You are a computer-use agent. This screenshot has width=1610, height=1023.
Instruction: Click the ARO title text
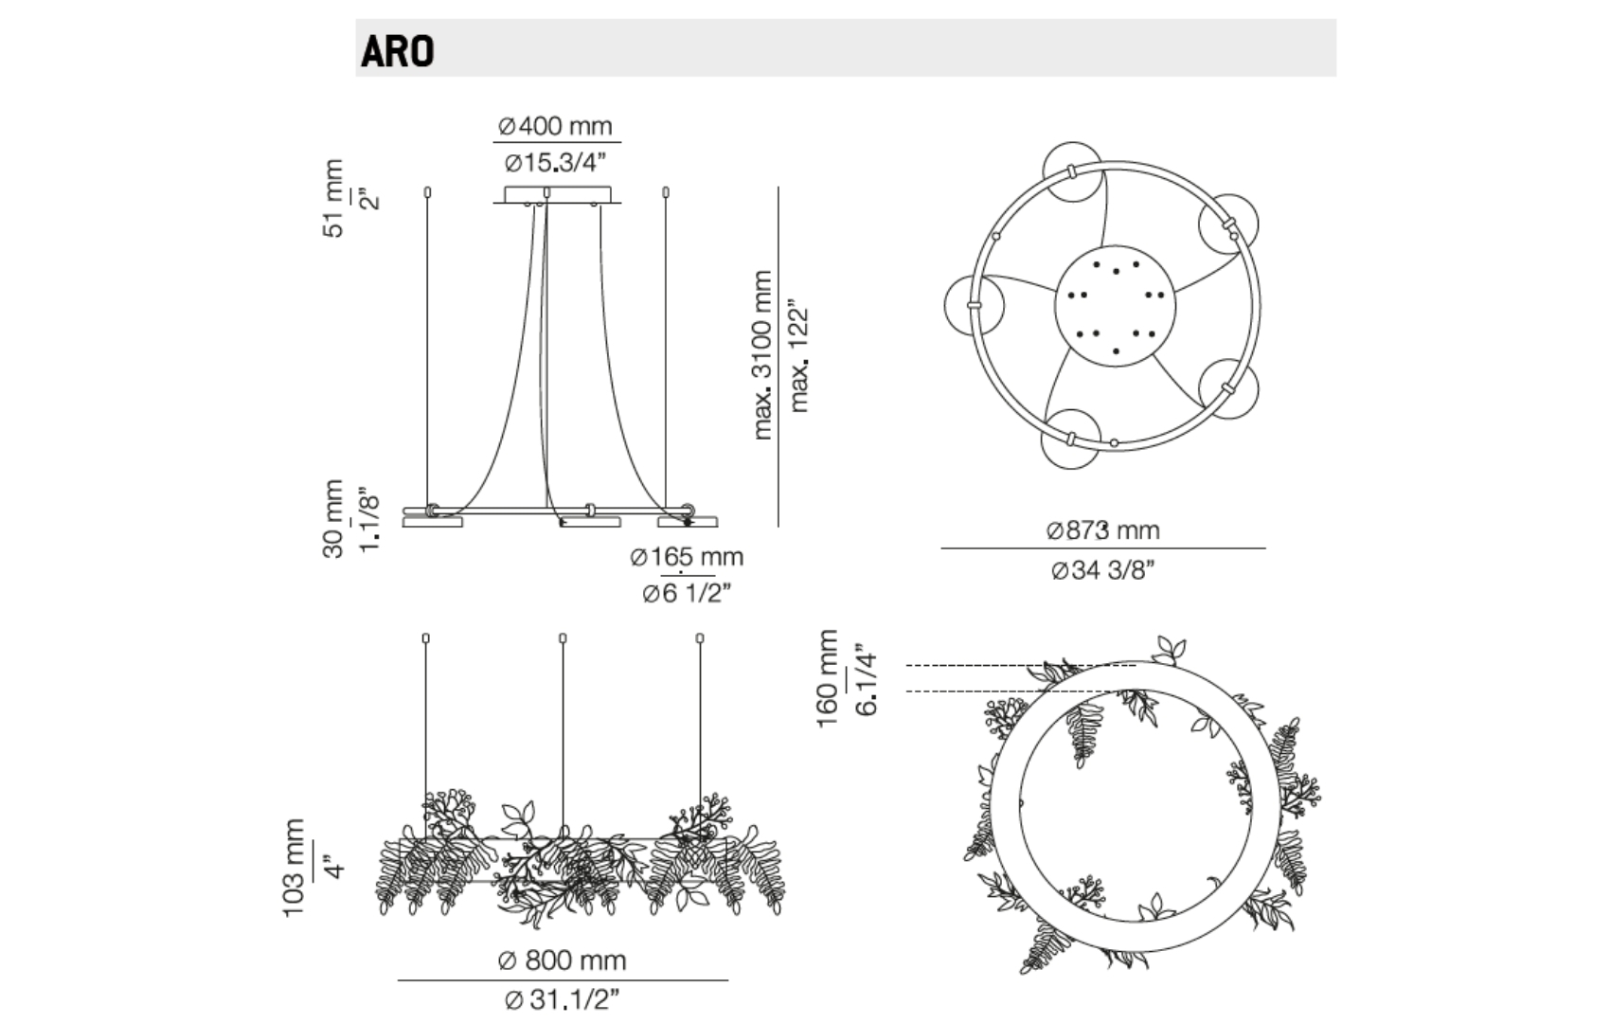click(397, 52)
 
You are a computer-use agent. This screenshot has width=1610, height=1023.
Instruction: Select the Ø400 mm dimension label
click(555, 126)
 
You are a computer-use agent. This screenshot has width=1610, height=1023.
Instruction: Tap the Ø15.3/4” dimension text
click(556, 163)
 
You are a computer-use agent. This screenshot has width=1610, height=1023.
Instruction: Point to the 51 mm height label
click(333, 198)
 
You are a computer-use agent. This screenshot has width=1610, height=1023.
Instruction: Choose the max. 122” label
click(798, 356)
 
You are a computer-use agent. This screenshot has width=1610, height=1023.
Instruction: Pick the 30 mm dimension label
click(333, 519)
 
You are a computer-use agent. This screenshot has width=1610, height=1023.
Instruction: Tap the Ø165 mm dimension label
click(687, 556)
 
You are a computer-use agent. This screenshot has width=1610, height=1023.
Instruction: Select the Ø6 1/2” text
click(687, 594)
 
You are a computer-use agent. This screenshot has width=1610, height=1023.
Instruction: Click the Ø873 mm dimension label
click(1102, 530)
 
